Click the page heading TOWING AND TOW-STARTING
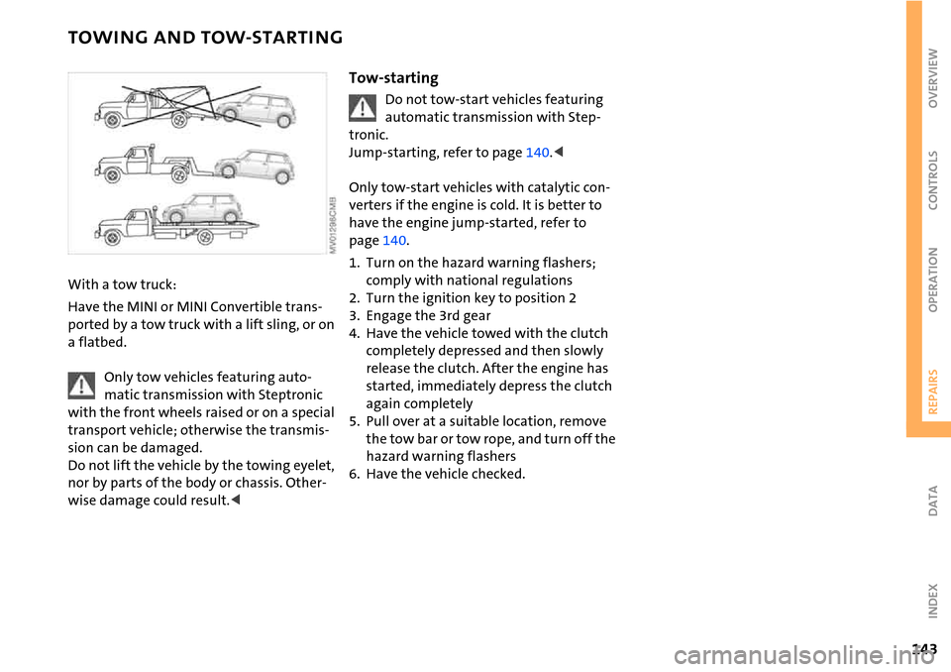click(x=205, y=39)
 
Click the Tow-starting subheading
click(x=393, y=77)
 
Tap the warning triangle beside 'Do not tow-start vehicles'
click(x=364, y=107)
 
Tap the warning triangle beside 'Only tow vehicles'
click(x=82, y=386)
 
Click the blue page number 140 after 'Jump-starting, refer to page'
click(x=537, y=153)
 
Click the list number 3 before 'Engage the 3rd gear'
click(x=354, y=316)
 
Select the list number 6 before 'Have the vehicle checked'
click(x=354, y=474)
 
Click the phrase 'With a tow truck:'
click(x=122, y=285)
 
